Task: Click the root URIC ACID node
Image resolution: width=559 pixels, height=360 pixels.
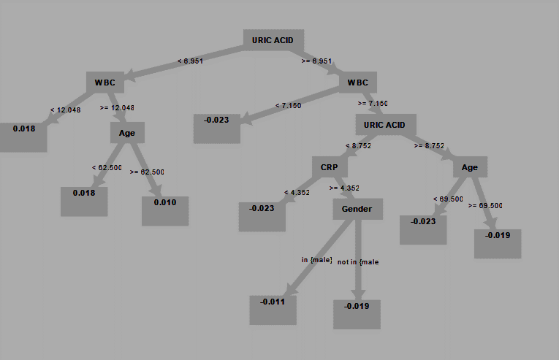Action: click(273, 40)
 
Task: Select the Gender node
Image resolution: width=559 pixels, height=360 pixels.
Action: click(357, 209)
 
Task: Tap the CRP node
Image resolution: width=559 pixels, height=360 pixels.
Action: click(330, 166)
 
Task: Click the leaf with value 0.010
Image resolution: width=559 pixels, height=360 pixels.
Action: click(165, 211)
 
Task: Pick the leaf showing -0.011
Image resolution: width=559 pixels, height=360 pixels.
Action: click(273, 310)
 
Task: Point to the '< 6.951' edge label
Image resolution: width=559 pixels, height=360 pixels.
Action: click(191, 61)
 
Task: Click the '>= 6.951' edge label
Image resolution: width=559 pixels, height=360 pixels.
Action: click(317, 61)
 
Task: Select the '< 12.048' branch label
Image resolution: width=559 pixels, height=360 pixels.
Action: click(66, 110)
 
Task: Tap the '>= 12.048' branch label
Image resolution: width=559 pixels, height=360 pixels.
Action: click(117, 107)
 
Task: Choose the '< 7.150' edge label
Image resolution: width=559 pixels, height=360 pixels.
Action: click(289, 105)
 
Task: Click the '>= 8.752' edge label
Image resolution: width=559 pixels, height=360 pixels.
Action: click(429, 146)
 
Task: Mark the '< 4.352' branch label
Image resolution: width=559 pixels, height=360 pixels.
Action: click(297, 193)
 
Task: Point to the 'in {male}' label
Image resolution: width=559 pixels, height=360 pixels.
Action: click(317, 260)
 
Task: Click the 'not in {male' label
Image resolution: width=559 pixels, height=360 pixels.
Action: click(358, 262)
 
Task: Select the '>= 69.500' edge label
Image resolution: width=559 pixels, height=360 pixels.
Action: click(485, 206)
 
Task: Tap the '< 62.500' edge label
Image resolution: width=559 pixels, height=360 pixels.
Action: click(107, 167)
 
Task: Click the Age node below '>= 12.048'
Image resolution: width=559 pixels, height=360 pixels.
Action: click(127, 133)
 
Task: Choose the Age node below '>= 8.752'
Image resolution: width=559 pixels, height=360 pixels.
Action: click(470, 166)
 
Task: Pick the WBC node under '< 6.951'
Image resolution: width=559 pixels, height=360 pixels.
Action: click(105, 83)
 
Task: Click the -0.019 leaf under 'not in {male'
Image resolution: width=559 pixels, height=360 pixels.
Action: click(357, 315)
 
